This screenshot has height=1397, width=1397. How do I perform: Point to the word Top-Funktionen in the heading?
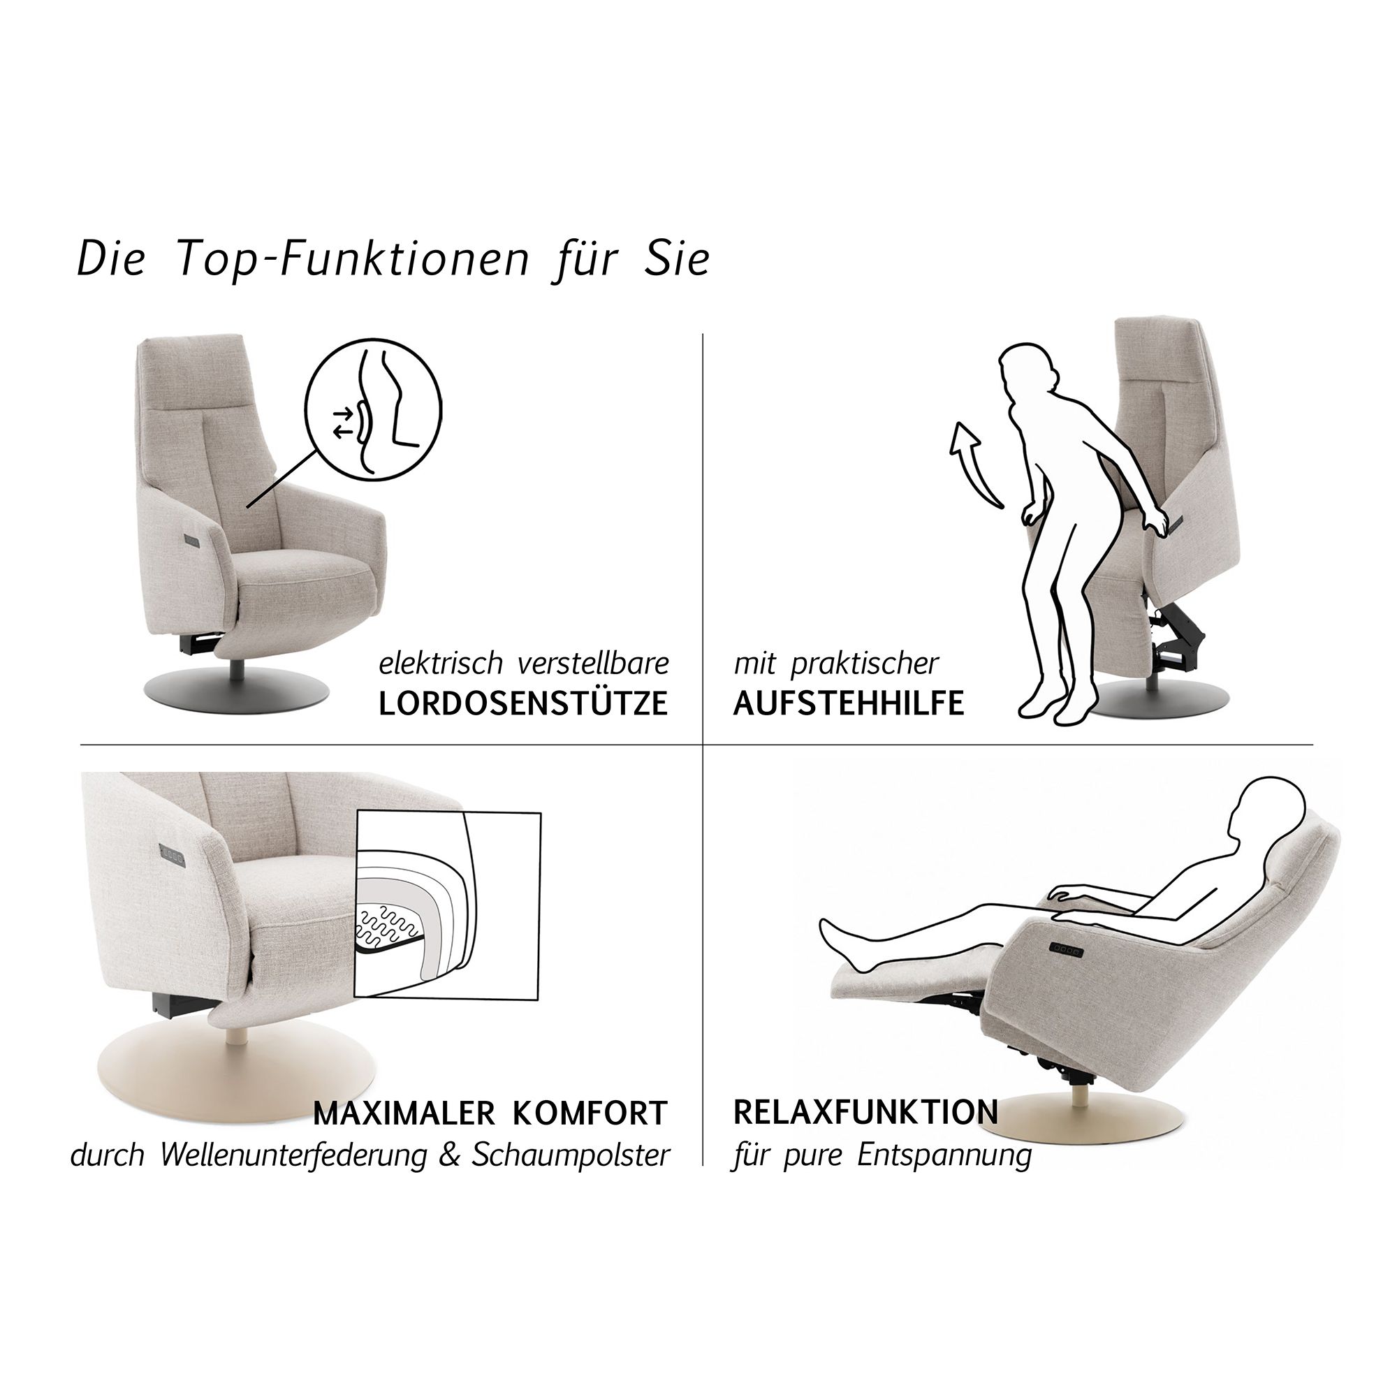(x=353, y=258)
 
